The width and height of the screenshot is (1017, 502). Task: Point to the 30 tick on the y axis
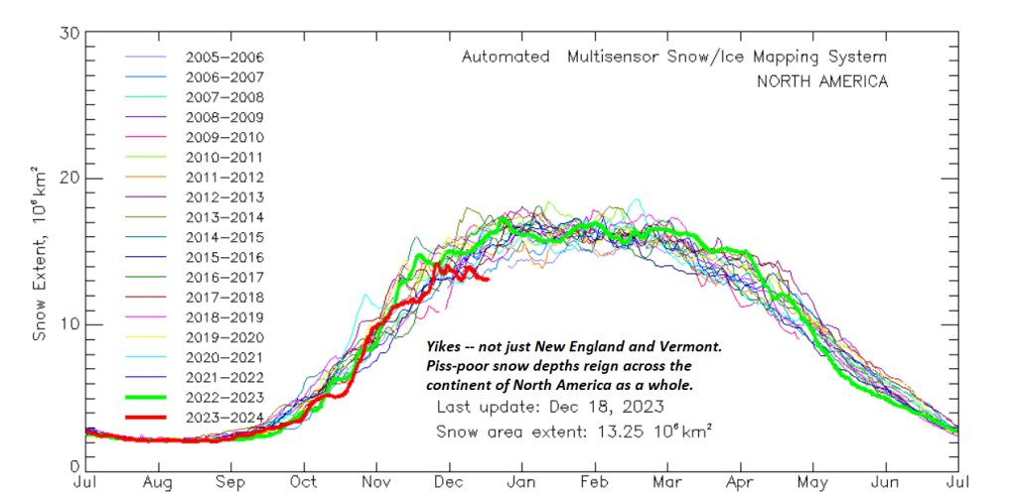(x=69, y=32)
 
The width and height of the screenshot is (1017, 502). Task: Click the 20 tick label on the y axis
(x=69, y=179)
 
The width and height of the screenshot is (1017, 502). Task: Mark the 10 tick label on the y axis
(x=69, y=325)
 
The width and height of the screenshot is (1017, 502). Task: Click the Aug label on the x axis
(x=158, y=484)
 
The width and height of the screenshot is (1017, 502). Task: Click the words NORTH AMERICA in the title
(x=822, y=81)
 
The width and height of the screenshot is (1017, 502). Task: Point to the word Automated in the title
(x=506, y=57)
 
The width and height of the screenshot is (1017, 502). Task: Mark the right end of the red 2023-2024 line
(x=488, y=280)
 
